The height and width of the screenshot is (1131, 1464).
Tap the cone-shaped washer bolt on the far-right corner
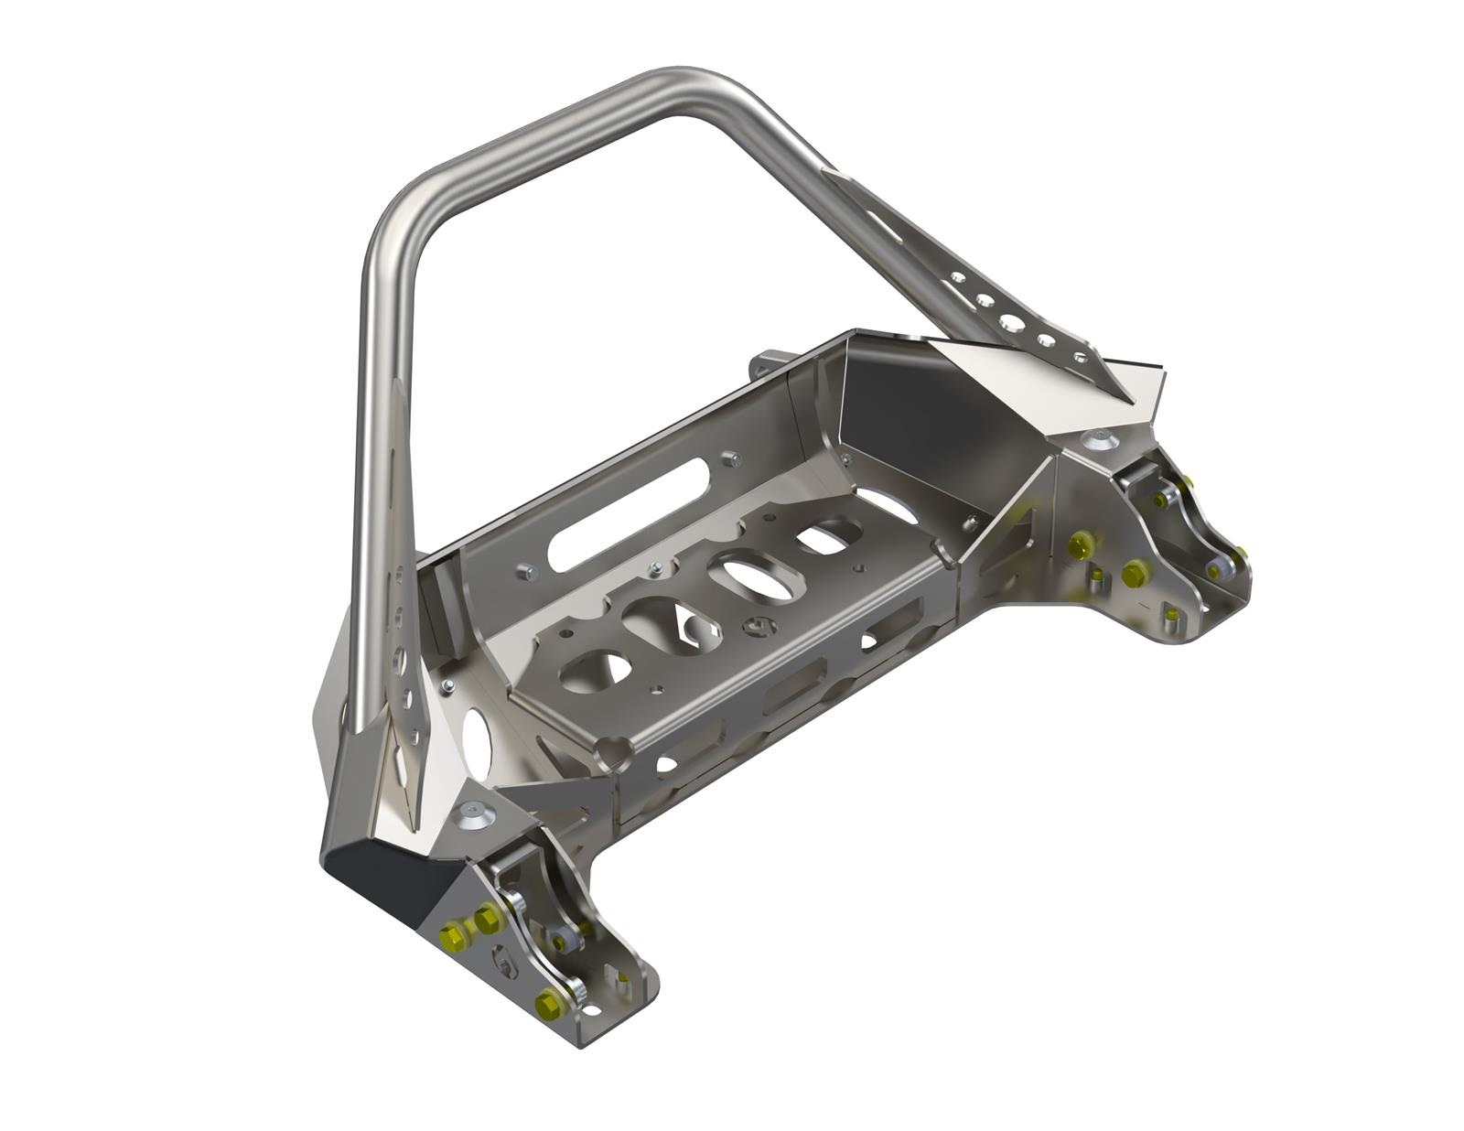tap(1096, 439)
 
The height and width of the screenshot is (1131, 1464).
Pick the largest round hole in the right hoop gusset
tap(1011, 321)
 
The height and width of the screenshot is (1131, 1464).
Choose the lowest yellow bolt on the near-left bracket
tap(549, 1001)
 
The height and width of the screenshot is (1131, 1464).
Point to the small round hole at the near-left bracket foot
tap(592, 1011)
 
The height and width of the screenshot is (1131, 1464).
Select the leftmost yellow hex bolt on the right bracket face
tap(1079, 546)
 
